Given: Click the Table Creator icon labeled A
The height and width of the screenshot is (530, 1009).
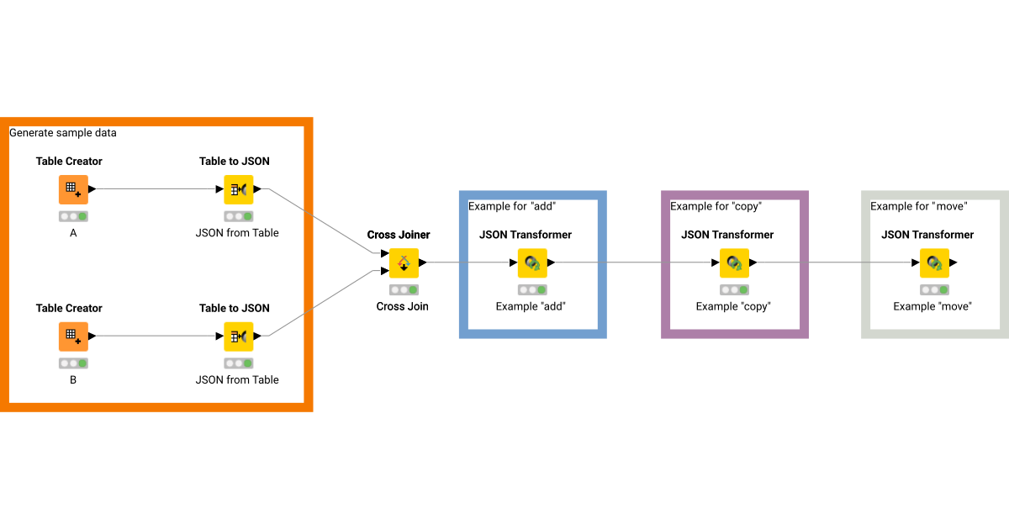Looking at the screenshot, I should pyautogui.click(x=73, y=189).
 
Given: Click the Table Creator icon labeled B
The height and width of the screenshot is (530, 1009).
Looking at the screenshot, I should pyautogui.click(x=73, y=337).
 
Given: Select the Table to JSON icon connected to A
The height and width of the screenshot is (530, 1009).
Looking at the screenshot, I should pyautogui.click(x=238, y=189).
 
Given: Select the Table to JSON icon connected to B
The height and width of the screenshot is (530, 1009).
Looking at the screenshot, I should pyautogui.click(x=238, y=337).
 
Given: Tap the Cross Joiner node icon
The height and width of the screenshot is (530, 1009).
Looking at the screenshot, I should pyautogui.click(x=404, y=262).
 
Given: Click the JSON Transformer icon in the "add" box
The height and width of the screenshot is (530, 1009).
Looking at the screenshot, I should pyautogui.click(x=532, y=262).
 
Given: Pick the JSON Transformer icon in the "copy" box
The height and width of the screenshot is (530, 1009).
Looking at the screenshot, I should pyautogui.click(x=734, y=262).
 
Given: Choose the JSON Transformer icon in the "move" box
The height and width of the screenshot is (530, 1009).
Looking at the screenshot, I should pyautogui.click(x=934, y=262).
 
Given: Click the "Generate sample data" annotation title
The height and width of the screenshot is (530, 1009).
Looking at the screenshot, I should pyautogui.click(x=63, y=133).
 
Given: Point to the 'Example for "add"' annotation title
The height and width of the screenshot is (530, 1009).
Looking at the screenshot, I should pyautogui.click(x=512, y=206).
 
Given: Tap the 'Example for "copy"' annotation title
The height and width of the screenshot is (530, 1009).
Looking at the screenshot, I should pyautogui.click(x=716, y=206).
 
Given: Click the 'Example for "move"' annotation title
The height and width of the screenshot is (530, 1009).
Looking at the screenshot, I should pyautogui.click(x=918, y=206).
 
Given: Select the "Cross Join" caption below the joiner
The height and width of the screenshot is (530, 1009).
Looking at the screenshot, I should pyautogui.click(x=402, y=306).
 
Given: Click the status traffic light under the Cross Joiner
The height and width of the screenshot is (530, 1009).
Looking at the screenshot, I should pyautogui.click(x=404, y=289).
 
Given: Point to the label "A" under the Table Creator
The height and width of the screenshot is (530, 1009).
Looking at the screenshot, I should pyautogui.click(x=73, y=233).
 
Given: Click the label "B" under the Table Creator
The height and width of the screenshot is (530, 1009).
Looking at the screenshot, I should pyautogui.click(x=73, y=379).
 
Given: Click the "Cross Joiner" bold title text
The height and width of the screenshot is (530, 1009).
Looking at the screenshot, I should pyautogui.click(x=399, y=235).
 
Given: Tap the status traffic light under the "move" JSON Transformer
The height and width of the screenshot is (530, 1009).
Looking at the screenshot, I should pyautogui.click(x=934, y=289).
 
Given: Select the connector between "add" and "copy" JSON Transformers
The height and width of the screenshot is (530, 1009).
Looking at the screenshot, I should pyautogui.click(x=635, y=262).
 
